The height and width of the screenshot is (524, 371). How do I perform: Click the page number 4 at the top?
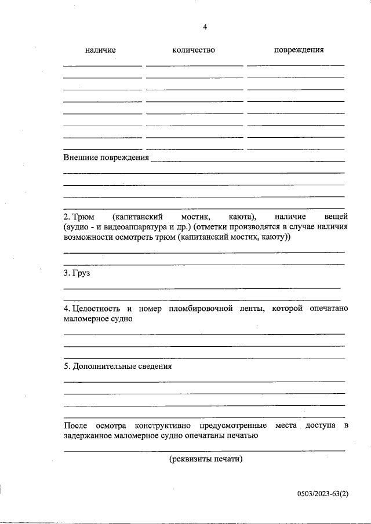coord(205,27)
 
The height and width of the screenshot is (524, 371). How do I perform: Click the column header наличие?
coord(100,50)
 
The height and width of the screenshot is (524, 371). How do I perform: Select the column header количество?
coord(194,50)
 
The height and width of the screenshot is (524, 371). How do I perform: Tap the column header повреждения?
coord(299,50)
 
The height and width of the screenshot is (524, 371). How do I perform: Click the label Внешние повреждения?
coord(106,157)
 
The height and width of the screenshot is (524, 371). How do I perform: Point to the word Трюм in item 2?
coord(83,215)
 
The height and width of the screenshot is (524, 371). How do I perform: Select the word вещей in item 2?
coord(334,215)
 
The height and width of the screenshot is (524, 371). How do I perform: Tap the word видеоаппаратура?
coord(137,226)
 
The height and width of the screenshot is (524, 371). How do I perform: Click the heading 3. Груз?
coord(77,273)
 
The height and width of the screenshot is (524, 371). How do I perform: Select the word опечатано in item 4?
coord(328,308)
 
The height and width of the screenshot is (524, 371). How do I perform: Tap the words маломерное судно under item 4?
coord(98,319)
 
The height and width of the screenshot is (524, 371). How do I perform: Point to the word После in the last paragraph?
coord(75,426)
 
